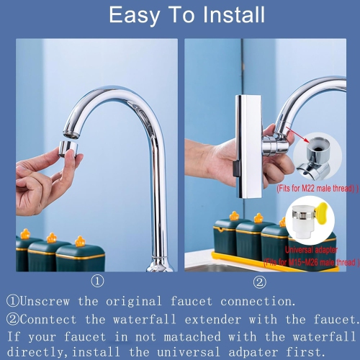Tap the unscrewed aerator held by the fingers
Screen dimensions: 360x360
(x=68, y=148)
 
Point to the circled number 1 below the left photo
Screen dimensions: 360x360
(x=97, y=282)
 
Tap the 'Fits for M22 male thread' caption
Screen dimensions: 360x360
(x=317, y=187)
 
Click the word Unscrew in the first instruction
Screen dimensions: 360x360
(x=57, y=301)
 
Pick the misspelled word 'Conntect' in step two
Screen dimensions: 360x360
(x=56, y=319)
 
